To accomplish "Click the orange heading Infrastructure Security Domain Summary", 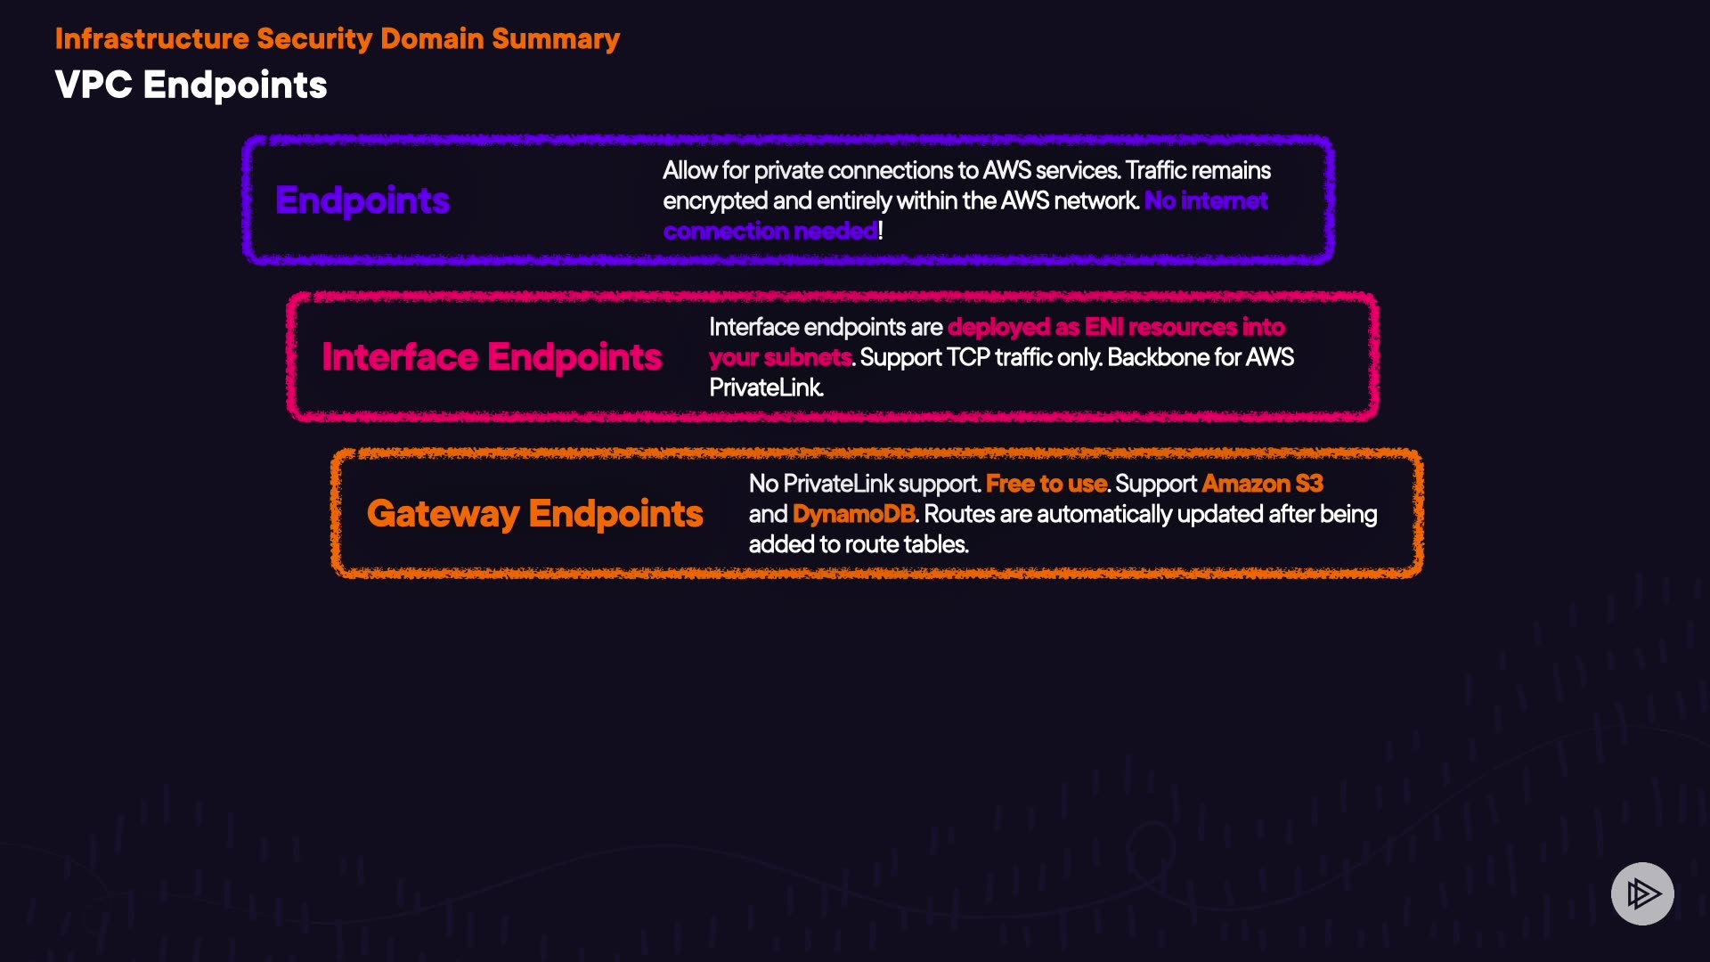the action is pyautogui.click(x=338, y=39).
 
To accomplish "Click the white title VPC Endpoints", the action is pyautogui.click(x=191, y=86).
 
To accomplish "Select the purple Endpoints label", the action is pyautogui.click(x=362, y=201).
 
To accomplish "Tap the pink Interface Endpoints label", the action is pyautogui.click(x=492, y=357).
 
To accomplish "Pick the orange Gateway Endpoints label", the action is pyautogui.click(x=535, y=514).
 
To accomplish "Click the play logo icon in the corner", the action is pyautogui.click(x=1642, y=893).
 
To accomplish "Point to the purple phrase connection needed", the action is pyautogui.click(x=770, y=232).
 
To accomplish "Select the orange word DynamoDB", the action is pyautogui.click(x=854, y=515).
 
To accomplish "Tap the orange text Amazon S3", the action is pyautogui.click(x=1263, y=484).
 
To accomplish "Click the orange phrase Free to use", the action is pyautogui.click(x=1046, y=484).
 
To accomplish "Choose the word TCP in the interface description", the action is pyautogui.click(x=968, y=358).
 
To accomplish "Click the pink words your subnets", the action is pyautogui.click(x=780, y=358).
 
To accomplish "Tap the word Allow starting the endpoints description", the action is pyautogui.click(x=689, y=171).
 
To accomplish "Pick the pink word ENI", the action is pyautogui.click(x=1103, y=328).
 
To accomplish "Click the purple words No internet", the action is pyautogui.click(x=1206, y=201).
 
